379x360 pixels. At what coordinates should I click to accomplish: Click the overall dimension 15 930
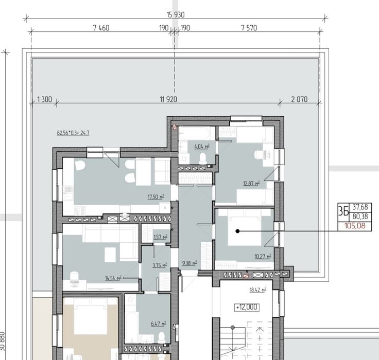176,15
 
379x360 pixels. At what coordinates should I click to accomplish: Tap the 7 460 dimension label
101,28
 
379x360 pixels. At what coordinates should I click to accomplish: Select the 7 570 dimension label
249,28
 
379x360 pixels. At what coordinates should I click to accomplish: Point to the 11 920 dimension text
168,99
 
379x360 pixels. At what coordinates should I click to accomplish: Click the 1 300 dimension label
44,99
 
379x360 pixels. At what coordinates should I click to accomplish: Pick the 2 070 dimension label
299,99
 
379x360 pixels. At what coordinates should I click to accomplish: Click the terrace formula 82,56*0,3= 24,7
73,133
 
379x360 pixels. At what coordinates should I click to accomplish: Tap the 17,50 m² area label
156,197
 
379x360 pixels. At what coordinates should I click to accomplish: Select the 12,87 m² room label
251,184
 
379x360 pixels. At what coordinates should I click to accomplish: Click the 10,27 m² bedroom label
263,257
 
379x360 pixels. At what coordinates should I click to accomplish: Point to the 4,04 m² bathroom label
202,147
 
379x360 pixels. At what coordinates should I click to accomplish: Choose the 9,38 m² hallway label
189,263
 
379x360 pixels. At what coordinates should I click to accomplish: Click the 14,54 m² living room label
113,278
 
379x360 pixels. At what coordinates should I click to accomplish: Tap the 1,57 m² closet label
160,237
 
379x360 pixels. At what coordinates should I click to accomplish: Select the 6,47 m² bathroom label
159,323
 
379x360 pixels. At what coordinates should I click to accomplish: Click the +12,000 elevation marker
247,308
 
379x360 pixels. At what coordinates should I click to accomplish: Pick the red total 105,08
355,226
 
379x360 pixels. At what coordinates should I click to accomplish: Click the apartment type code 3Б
343,212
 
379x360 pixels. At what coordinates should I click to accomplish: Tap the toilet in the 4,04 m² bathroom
202,158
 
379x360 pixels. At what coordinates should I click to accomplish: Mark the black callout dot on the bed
237,231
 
